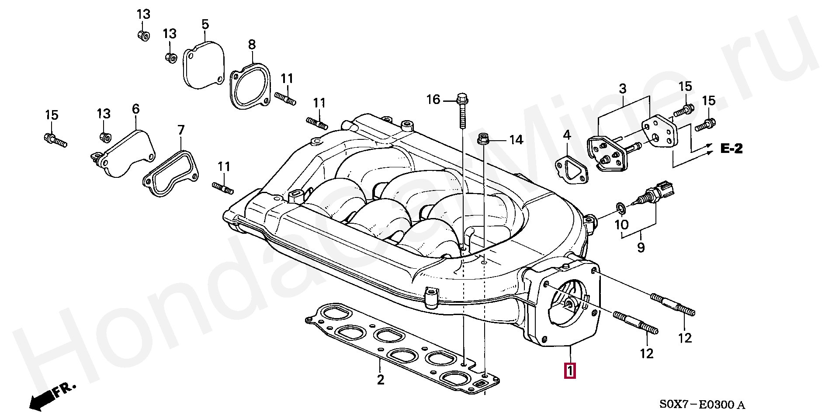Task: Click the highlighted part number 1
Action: click(570, 371)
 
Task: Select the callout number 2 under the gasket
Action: click(381, 379)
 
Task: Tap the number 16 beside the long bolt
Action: click(433, 100)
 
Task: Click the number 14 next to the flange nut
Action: click(516, 140)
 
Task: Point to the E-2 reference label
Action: click(731, 149)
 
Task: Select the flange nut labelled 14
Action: click(483, 139)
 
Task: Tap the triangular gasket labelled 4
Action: click(571, 169)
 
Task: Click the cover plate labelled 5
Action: click(203, 66)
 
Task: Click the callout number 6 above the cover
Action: click(135, 109)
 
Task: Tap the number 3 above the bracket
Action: click(622, 89)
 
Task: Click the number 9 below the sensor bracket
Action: click(641, 248)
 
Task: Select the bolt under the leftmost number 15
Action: click(55, 140)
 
